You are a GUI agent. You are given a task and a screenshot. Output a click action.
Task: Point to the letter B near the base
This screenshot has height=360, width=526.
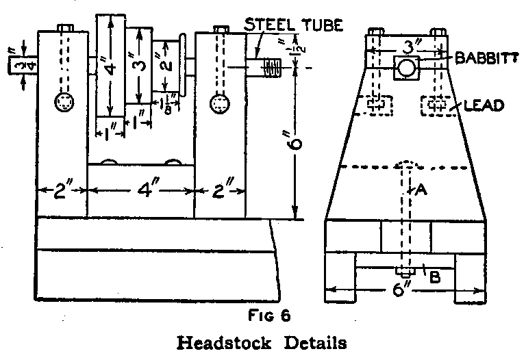click(434, 277)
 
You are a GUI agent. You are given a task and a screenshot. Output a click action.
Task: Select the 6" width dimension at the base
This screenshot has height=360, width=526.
click(402, 288)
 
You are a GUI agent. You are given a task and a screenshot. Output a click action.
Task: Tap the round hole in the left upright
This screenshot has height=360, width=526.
click(66, 103)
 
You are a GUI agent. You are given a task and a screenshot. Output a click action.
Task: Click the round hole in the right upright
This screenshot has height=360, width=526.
click(220, 103)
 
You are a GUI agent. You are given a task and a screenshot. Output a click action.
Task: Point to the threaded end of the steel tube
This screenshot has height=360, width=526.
click(273, 68)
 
